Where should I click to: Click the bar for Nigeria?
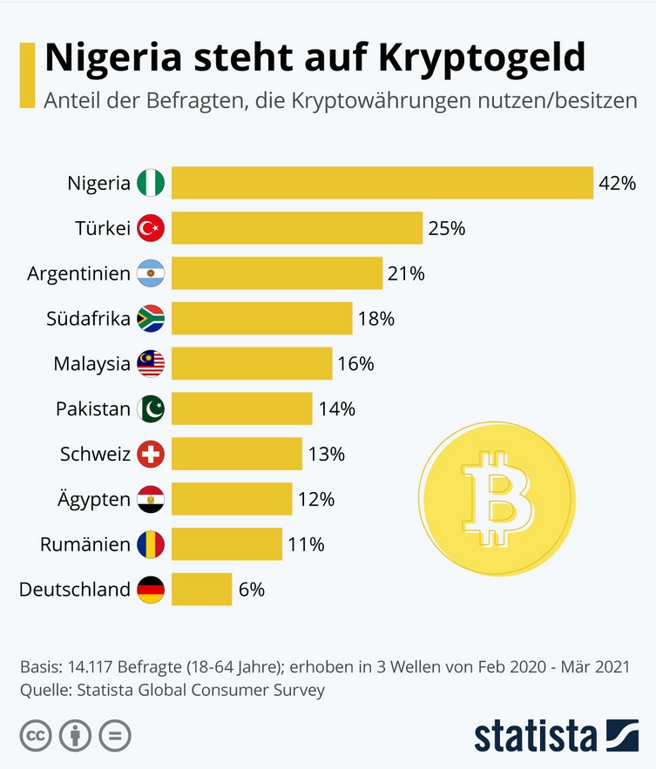(x=382, y=183)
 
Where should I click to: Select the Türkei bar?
(x=296, y=228)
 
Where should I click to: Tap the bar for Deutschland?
(x=201, y=590)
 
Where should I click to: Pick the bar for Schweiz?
(x=236, y=454)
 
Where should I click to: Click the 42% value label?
(x=618, y=183)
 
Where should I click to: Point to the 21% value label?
(x=406, y=273)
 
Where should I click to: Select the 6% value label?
(x=251, y=590)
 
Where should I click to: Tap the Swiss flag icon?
(x=151, y=454)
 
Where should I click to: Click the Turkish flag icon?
(x=151, y=228)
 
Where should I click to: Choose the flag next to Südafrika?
(x=151, y=319)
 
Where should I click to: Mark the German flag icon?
(x=151, y=590)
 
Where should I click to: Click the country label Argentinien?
(x=78, y=273)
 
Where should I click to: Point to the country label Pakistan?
(x=92, y=408)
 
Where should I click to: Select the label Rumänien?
(x=85, y=544)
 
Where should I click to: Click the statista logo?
(x=556, y=736)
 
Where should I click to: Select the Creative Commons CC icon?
(x=34, y=736)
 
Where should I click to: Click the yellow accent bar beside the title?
(x=26, y=74)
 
